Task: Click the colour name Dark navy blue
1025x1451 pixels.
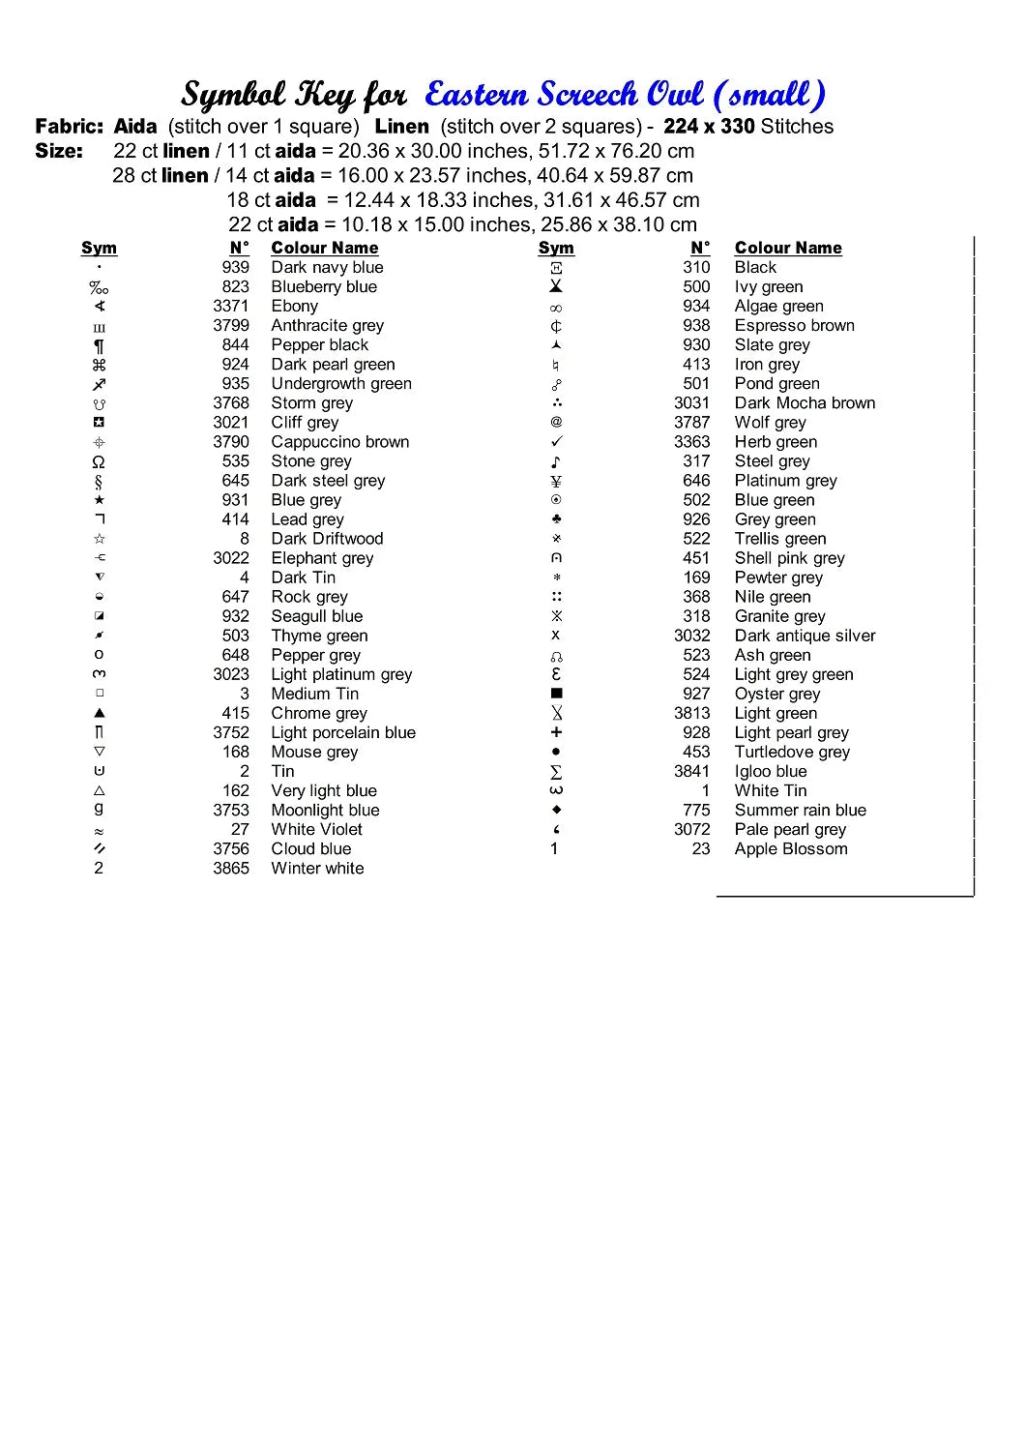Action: click(x=327, y=268)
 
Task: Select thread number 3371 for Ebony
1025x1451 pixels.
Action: click(x=231, y=307)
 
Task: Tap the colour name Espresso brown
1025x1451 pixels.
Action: click(x=794, y=326)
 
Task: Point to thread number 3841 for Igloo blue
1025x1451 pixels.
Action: click(x=691, y=772)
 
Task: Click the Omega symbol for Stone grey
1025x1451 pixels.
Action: click(x=99, y=462)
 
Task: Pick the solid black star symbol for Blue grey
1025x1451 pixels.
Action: click(x=99, y=500)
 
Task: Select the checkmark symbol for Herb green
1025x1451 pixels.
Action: click(x=556, y=442)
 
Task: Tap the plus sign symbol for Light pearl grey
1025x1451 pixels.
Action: click(x=556, y=732)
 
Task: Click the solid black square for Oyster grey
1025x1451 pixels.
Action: click(x=556, y=694)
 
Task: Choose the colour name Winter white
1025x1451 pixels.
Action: click(x=317, y=869)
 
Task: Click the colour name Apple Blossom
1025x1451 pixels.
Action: click(x=790, y=849)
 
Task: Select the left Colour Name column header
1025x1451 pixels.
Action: click(x=324, y=249)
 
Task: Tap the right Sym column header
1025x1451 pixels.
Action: click(x=556, y=249)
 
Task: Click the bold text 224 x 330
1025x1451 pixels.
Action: click(x=709, y=127)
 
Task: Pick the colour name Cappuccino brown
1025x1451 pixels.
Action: click(x=339, y=442)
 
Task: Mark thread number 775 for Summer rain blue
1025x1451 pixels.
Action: click(x=696, y=811)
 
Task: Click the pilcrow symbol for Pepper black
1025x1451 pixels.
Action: click(x=99, y=345)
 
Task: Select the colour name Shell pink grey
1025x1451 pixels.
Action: click(x=789, y=558)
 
